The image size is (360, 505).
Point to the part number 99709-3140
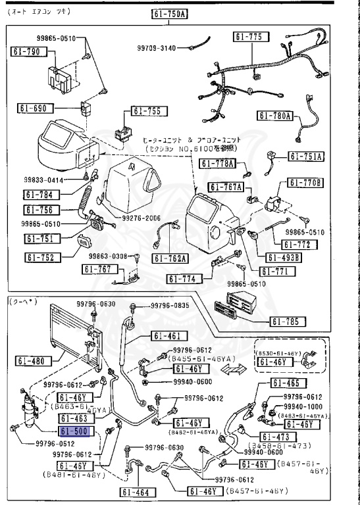(157, 48)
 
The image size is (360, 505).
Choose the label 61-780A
(274, 116)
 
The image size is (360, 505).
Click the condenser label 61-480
(30, 360)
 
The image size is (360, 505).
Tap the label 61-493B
(284, 257)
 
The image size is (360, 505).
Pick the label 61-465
(285, 383)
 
